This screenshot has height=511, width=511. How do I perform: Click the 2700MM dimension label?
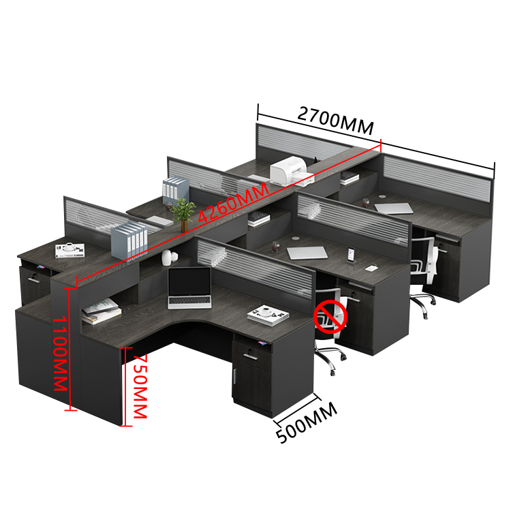[336, 121]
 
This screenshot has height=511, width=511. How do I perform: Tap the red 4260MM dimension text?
[234, 203]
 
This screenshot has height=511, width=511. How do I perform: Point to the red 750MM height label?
[141, 386]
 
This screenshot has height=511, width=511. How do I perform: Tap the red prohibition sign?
[330, 317]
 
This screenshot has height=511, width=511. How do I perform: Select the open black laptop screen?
[189, 282]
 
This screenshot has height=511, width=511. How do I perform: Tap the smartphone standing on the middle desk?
[351, 254]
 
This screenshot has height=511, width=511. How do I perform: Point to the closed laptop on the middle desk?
[307, 253]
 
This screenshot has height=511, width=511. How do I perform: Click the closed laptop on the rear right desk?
[394, 208]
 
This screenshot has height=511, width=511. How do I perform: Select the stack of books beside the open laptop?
[101, 311]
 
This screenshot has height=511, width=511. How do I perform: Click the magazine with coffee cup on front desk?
[268, 315]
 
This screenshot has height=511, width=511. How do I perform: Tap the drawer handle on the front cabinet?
[250, 356]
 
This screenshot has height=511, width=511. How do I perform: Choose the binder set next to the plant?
[175, 191]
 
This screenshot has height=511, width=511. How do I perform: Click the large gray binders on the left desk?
[129, 241]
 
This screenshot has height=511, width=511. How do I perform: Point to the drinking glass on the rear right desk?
[366, 203]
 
